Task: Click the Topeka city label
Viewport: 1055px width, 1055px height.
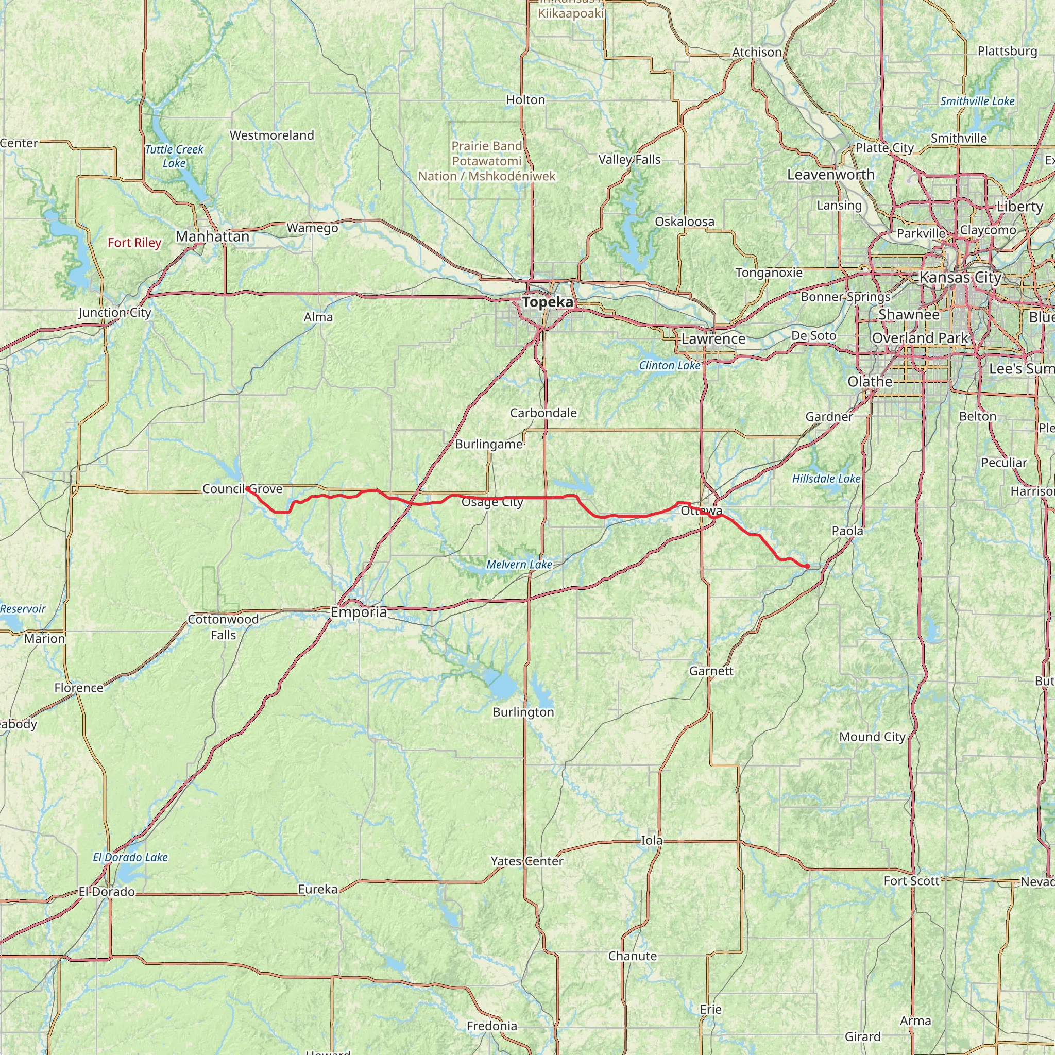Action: (x=548, y=302)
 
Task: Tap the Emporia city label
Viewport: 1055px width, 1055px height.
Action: (x=359, y=612)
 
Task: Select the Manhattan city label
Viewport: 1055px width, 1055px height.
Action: (x=212, y=236)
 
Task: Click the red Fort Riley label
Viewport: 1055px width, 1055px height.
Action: (x=134, y=243)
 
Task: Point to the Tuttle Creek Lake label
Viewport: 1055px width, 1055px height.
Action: (x=174, y=156)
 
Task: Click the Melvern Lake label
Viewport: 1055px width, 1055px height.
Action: (x=519, y=565)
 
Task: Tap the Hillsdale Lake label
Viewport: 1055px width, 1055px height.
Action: (x=826, y=479)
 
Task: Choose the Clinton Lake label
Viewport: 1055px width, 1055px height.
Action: (x=670, y=365)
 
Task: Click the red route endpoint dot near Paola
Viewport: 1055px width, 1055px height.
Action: (x=807, y=566)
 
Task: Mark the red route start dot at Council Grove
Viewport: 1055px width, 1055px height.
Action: (x=247, y=489)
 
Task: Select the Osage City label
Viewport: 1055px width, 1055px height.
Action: (x=492, y=502)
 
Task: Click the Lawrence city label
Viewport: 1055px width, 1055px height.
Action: (x=713, y=338)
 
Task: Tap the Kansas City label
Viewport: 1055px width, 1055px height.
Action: (x=961, y=278)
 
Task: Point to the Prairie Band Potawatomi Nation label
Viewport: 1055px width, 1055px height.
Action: (x=486, y=161)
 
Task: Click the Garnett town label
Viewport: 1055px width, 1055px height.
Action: (x=711, y=671)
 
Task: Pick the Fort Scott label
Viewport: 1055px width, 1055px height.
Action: (x=911, y=881)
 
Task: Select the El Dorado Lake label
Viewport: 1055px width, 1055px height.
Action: (x=130, y=857)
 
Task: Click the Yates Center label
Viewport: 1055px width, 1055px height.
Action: (x=527, y=861)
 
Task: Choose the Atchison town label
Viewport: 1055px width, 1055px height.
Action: (x=756, y=53)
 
